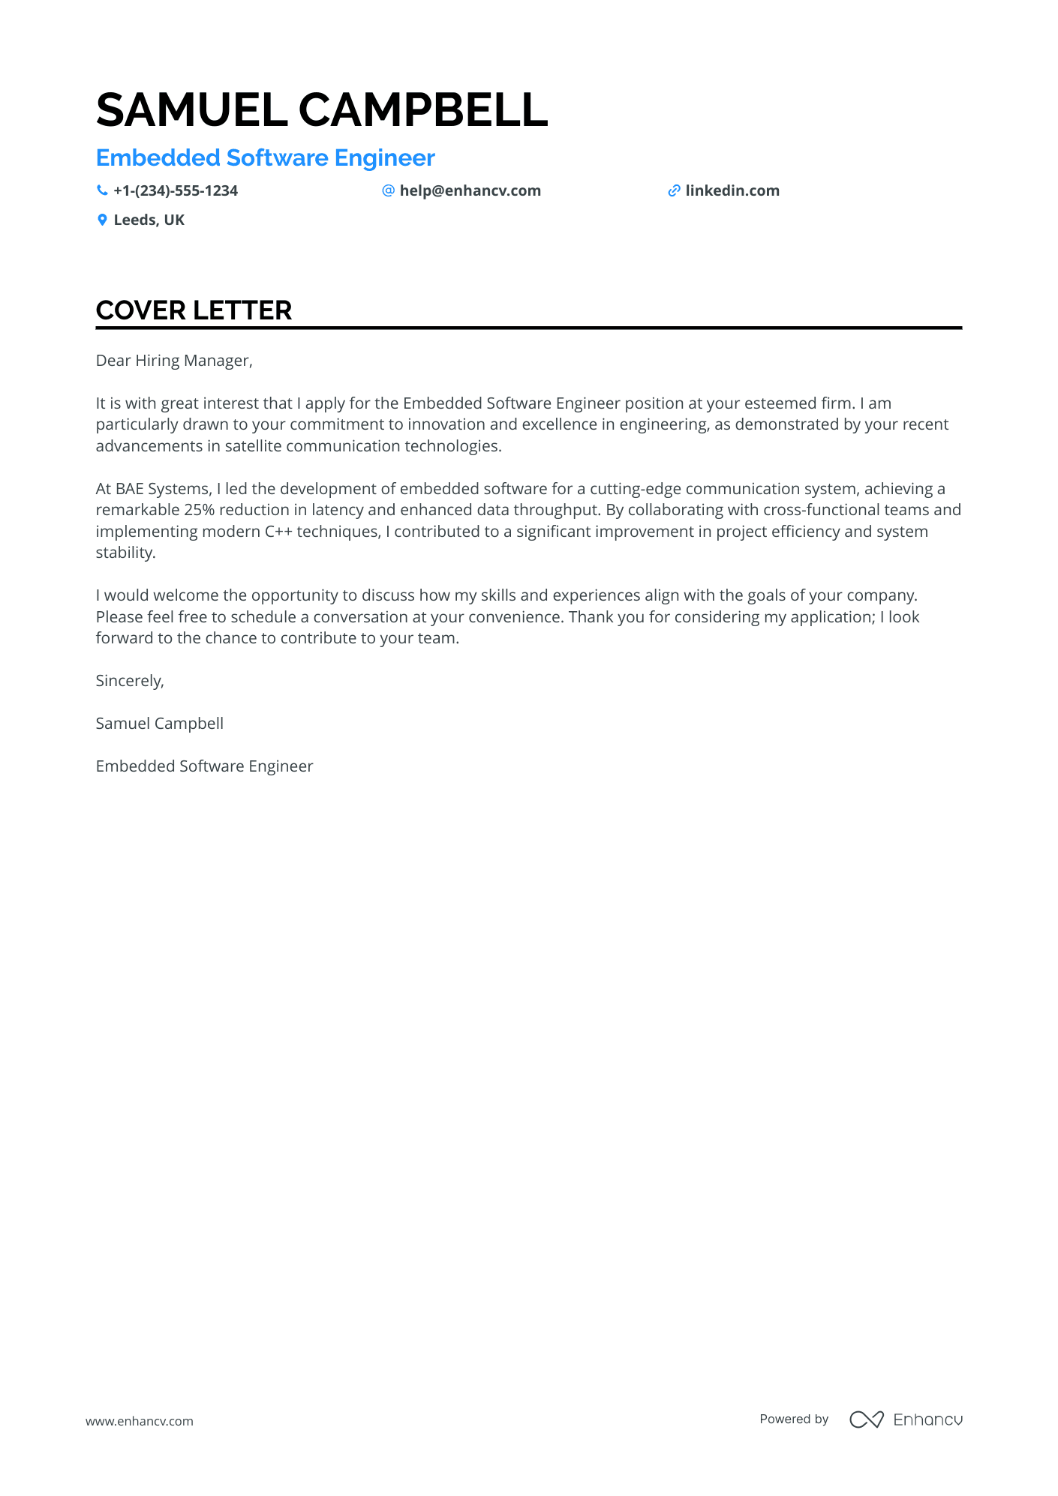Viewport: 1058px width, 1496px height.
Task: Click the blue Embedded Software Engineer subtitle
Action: pos(265,158)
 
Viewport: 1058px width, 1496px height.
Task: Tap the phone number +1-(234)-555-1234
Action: pos(176,191)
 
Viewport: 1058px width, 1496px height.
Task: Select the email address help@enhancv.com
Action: pos(470,191)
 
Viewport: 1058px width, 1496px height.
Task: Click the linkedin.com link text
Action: pos(732,191)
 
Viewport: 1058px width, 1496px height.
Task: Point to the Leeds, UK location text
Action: pos(149,220)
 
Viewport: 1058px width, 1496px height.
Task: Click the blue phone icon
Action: pos(102,191)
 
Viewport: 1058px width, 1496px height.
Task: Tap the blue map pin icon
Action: pos(102,220)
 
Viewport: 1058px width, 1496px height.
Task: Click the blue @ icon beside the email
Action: pos(388,190)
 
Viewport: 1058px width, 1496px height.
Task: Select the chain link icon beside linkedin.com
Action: pos(674,191)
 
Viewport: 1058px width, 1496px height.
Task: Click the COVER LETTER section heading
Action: pos(194,310)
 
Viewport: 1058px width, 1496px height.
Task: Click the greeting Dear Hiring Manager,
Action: pos(174,361)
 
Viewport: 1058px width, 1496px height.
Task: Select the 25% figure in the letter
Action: pos(199,510)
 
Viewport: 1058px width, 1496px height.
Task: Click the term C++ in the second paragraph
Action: pos(278,532)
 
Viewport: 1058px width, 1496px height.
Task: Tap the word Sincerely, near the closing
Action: pos(130,681)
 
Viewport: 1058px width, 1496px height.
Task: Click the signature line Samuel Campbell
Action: pos(160,724)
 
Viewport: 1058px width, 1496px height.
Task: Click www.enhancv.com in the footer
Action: pos(140,1421)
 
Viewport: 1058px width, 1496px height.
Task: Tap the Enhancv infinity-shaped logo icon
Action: pos(866,1420)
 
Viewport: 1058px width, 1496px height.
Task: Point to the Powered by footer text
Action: pos(794,1420)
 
